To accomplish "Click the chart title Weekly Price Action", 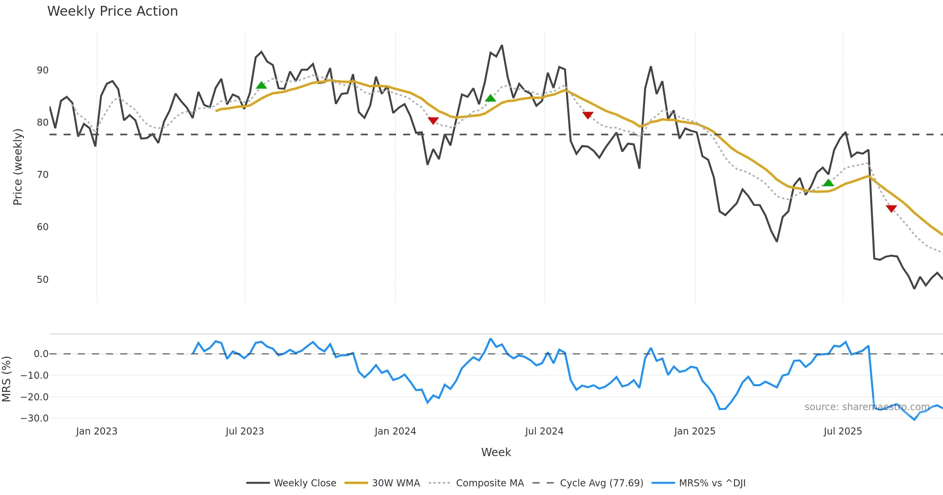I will pos(112,11).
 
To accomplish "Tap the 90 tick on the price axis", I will pos(42,70).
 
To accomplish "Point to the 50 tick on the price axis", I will pos(42,280).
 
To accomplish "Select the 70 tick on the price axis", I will pos(42,175).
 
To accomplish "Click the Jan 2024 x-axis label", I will pos(395,431).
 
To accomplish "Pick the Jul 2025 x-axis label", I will pos(842,431).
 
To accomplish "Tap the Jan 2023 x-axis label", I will pos(97,431).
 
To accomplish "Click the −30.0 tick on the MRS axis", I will pos(34,418).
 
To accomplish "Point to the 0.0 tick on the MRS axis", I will pos(41,354).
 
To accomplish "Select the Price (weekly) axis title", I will pos(18,167).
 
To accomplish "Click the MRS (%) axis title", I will pos(7,379).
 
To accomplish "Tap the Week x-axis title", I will pos(496,453).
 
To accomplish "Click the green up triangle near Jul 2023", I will pos(261,85).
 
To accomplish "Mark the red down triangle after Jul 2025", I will pos(892,209).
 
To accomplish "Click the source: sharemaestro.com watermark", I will pos(867,407).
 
